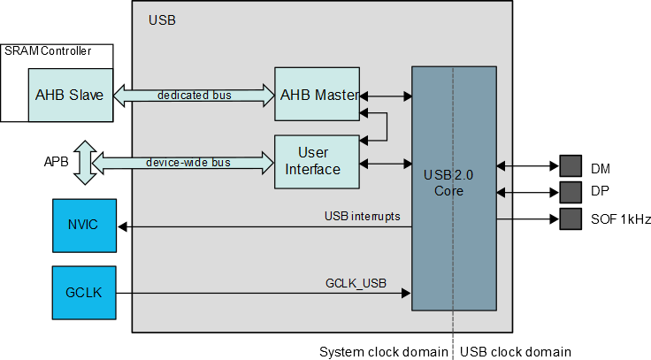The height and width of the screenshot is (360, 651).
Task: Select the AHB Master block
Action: (318, 94)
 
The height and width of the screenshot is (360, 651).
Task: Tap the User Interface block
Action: (318, 161)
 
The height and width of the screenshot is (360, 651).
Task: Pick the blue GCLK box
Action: (83, 292)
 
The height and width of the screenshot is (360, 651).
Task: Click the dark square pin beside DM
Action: (571, 166)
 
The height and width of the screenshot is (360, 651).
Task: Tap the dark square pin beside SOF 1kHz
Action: (571, 218)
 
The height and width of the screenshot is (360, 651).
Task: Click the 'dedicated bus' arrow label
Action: (194, 95)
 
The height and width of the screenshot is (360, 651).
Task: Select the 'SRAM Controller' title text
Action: (48, 51)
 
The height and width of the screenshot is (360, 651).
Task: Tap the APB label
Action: (56, 163)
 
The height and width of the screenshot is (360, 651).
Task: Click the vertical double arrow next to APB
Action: (84, 162)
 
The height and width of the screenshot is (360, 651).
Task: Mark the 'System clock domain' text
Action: (383, 351)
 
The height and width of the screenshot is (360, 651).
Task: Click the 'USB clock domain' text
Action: (514, 351)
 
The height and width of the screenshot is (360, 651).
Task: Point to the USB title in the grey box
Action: (162, 19)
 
